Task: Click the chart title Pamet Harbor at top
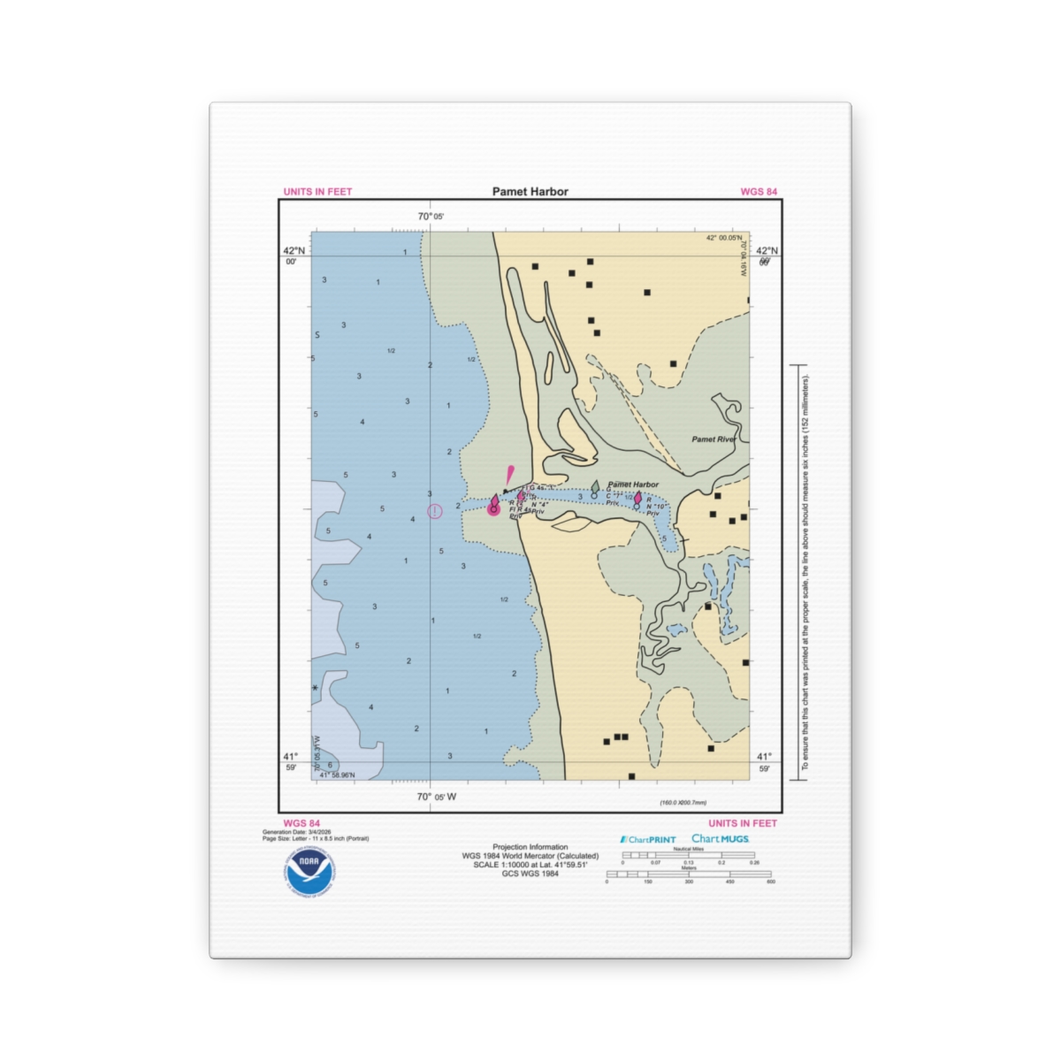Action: [530, 191]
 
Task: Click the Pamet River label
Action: [714, 439]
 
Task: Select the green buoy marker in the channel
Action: [595, 488]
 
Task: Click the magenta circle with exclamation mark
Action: [434, 511]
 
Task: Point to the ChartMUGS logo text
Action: [720, 839]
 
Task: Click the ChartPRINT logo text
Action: [649, 840]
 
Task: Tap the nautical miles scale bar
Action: [688, 855]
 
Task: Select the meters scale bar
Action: [688, 874]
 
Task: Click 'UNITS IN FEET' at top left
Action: [317, 192]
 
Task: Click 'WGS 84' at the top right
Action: [759, 192]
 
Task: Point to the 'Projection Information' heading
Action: [530, 847]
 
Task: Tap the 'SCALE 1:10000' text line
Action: [530, 865]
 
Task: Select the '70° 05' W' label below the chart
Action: [437, 797]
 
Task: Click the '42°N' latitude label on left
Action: [294, 251]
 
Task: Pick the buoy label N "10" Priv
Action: [653, 507]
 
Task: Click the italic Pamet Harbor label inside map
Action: [633, 485]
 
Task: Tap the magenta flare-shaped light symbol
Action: [509, 474]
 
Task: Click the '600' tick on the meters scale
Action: [770, 882]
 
